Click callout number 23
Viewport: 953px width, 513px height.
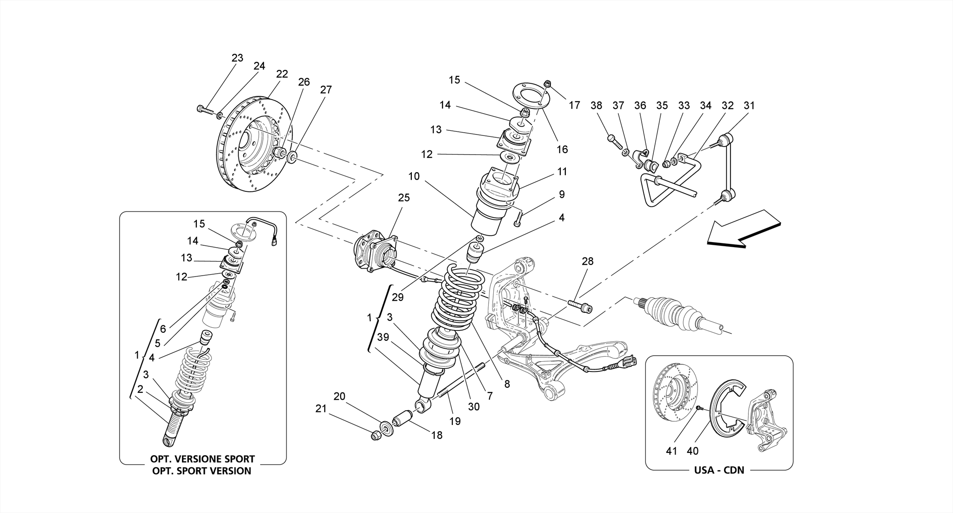[x=237, y=58]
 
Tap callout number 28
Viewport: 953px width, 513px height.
[x=588, y=261]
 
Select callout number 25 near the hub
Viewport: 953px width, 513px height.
[x=404, y=198]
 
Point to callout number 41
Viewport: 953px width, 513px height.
[x=671, y=451]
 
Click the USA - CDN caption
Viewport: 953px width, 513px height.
[x=719, y=470]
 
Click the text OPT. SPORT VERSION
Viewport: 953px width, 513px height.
[x=201, y=471]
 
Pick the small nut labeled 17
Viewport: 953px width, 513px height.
[x=548, y=84]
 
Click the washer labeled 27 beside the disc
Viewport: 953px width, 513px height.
[x=293, y=157]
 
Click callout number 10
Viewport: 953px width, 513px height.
[x=414, y=176]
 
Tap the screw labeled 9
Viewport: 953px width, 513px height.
[x=518, y=219]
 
